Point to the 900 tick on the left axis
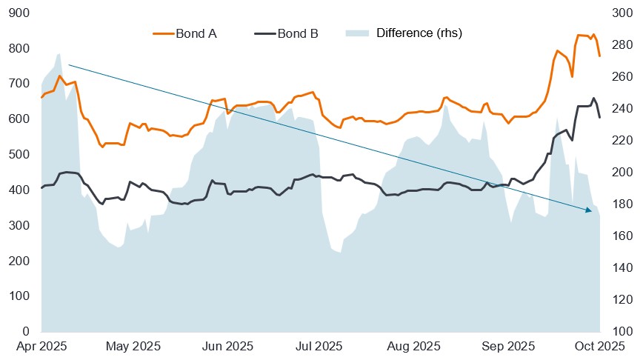click(x=21, y=13)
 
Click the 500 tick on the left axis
click(x=21, y=154)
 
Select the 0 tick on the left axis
click(x=26, y=331)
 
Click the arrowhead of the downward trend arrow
click(x=589, y=212)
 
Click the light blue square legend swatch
click(x=356, y=33)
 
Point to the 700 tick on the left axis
click(x=21, y=84)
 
